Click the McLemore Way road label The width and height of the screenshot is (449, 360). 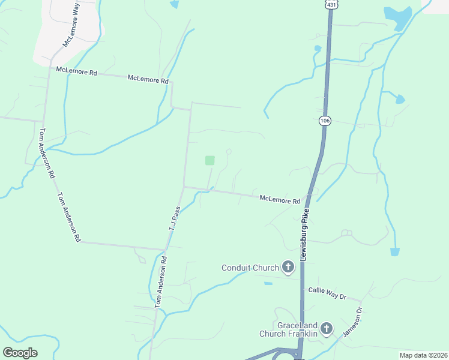coord(71,25)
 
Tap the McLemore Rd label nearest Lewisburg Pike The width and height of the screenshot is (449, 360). coord(280,200)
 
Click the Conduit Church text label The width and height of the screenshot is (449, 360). coord(250,268)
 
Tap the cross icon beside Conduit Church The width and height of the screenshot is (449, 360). coord(288,267)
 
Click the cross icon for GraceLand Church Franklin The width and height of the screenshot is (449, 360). coord(326,328)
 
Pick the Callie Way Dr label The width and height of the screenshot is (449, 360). coord(327,293)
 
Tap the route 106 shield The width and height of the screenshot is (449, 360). coord(325,121)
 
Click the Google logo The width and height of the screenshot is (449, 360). coord(20,353)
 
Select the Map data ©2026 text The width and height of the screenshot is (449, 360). coord(423,355)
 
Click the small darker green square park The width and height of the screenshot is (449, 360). coord(209,160)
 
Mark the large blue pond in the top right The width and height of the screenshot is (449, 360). coord(397,17)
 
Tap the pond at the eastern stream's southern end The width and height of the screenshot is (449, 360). coord(394,251)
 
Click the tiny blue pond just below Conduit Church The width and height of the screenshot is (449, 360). coord(268,283)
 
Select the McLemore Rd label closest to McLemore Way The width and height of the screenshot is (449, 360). coord(76,71)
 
